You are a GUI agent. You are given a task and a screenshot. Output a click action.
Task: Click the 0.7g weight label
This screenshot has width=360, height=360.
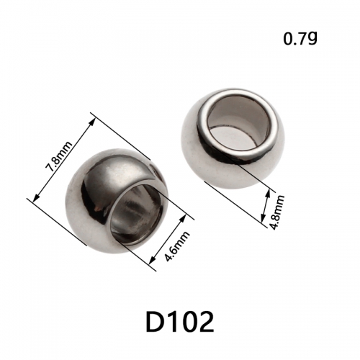coord(300,39)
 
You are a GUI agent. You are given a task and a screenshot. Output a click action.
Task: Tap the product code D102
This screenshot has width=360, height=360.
coord(180,322)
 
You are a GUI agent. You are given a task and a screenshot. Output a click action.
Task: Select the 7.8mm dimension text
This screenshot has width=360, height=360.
coord(59,156)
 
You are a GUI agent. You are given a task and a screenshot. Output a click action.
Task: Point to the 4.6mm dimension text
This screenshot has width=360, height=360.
coord(177,246)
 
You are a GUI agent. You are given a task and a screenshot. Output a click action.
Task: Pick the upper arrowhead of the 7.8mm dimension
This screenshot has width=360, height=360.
coord(91,122)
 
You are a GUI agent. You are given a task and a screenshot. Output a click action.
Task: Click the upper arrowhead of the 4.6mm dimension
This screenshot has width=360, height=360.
coord(184,217)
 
